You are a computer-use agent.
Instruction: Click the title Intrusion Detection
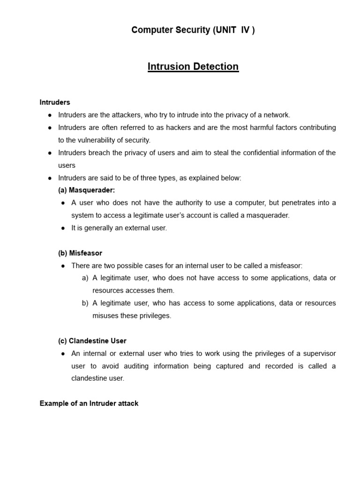(x=193, y=67)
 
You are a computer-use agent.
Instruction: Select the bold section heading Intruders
(x=55, y=102)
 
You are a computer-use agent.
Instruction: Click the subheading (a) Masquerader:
(x=86, y=190)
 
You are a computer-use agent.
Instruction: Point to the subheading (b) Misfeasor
(x=80, y=253)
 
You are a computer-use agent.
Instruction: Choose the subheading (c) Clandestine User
(x=92, y=341)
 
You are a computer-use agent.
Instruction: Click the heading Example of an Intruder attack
(x=89, y=403)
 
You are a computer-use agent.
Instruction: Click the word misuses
(x=105, y=315)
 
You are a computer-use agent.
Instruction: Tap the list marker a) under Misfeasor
(x=85, y=278)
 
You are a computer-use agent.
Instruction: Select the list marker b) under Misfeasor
(x=85, y=303)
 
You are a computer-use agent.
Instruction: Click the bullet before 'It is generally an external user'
(x=63, y=228)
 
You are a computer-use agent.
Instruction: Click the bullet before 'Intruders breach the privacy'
(x=50, y=153)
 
